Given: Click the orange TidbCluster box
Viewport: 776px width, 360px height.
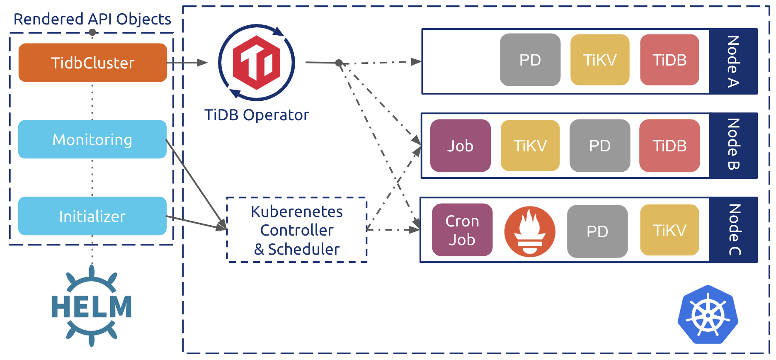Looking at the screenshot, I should (93, 63).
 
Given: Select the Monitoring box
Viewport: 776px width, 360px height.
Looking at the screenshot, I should (92, 139).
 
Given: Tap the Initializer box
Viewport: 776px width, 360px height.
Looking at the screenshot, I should (92, 216).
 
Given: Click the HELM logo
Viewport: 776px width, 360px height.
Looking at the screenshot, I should (92, 306).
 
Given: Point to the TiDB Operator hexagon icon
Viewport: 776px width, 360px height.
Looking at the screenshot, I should (257, 63).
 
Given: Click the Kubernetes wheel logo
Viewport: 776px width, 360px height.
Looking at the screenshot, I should (708, 315).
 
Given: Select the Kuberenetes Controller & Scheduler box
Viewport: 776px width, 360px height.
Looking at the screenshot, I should (297, 230).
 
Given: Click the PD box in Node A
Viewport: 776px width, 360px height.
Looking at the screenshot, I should (530, 60).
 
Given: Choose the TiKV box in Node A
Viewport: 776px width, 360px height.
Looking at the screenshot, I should (600, 60).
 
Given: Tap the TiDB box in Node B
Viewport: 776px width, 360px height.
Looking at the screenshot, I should (669, 146).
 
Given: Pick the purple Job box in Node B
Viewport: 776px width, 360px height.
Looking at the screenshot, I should (460, 146).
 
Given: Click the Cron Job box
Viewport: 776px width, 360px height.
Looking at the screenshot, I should (462, 230).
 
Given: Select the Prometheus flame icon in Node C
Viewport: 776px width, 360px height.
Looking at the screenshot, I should (530, 231).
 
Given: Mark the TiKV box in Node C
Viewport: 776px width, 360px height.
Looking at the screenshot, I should (669, 230).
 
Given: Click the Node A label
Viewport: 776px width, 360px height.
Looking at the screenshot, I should (733, 61).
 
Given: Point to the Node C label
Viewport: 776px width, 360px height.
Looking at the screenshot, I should (734, 230).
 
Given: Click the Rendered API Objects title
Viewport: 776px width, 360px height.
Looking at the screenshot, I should (92, 19).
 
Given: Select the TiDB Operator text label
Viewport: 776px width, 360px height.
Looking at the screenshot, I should (257, 115).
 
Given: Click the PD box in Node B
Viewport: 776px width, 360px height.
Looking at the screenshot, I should (600, 146).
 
